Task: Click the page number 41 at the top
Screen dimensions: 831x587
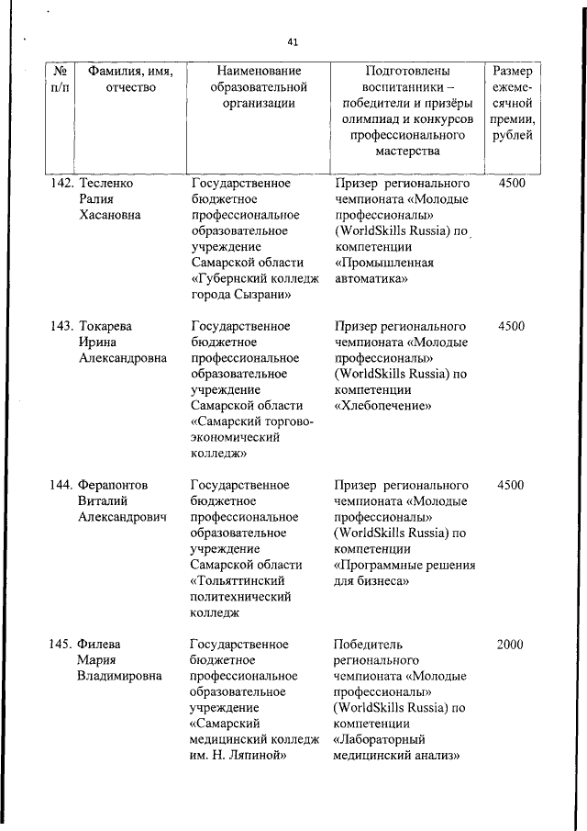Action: tap(293, 42)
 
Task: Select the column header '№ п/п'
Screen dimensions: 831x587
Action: tap(60, 79)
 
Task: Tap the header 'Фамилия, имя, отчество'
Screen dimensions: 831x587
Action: tap(130, 79)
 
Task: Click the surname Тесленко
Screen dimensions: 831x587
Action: tap(106, 183)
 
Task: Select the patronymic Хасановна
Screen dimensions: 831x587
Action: tap(114, 216)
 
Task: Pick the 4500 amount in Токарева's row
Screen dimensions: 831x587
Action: tap(511, 326)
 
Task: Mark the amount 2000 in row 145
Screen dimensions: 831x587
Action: tap(510, 645)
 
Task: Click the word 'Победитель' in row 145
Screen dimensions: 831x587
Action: tap(369, 645)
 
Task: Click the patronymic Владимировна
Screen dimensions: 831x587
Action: tap(120, 677)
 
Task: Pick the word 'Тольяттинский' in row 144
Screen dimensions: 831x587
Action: tap(238, 580)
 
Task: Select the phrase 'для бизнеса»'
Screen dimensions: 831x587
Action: tap(371, 580)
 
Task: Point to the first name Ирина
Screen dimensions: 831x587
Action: tap(98, 343)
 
